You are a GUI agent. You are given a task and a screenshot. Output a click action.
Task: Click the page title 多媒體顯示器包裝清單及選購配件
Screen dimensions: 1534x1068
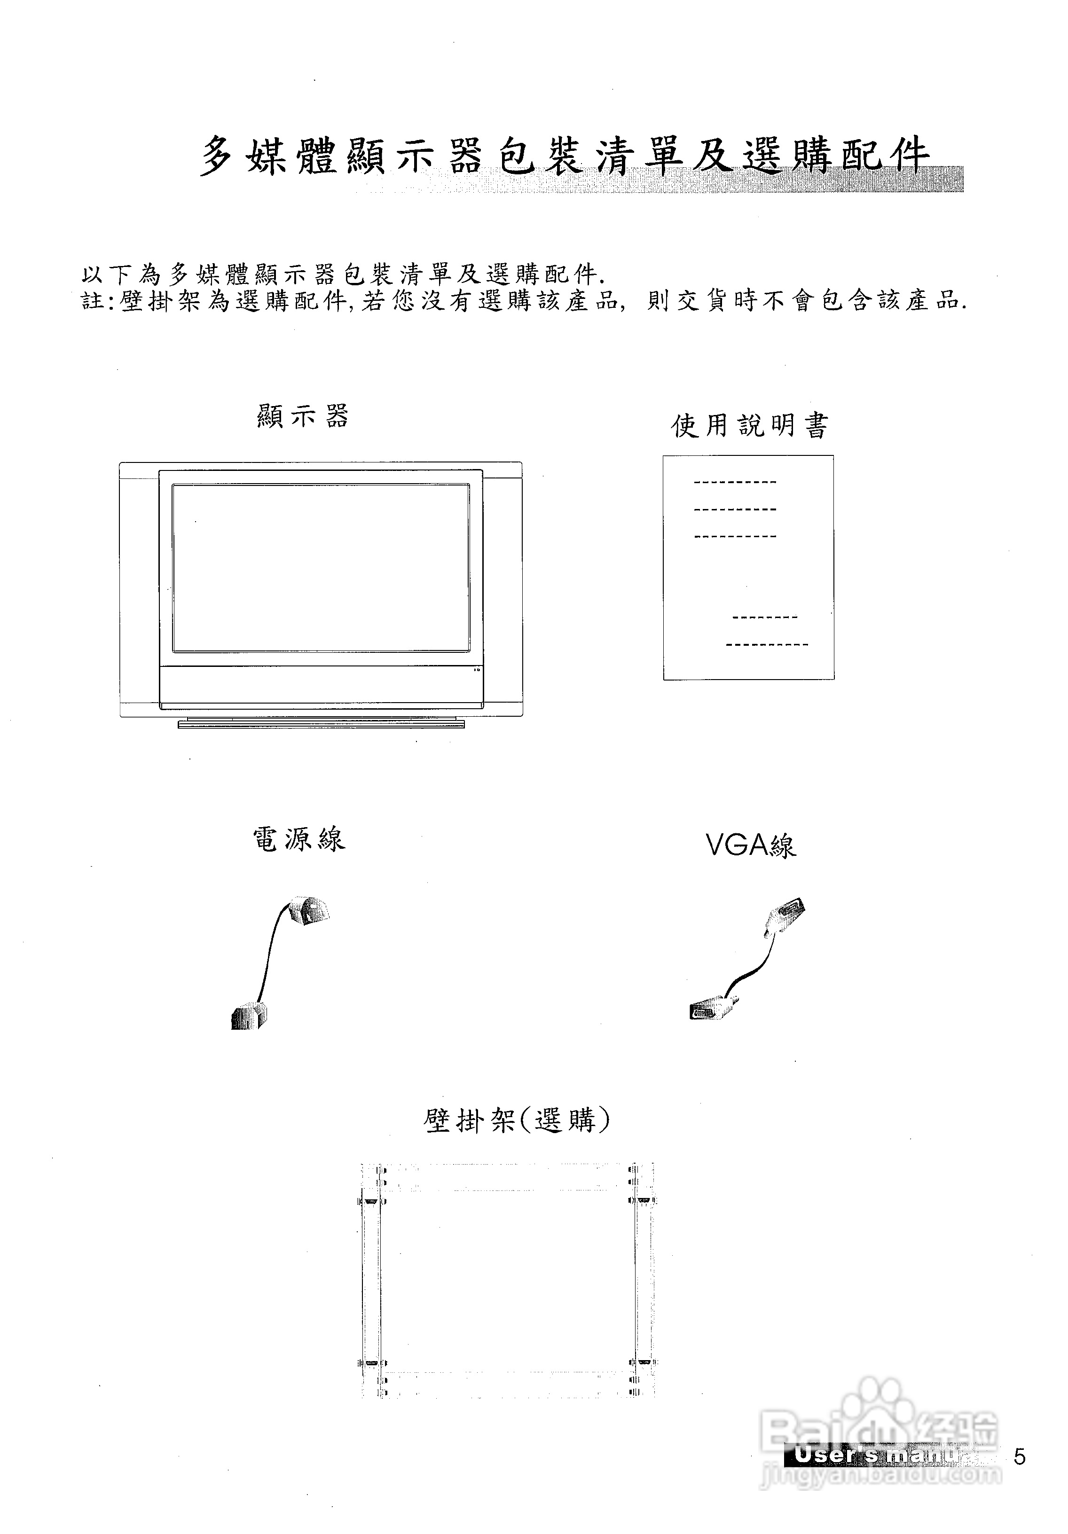565,155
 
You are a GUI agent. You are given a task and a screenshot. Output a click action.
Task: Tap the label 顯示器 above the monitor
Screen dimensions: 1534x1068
303,415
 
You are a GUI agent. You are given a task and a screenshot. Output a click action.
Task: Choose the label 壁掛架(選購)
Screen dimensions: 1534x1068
517,1120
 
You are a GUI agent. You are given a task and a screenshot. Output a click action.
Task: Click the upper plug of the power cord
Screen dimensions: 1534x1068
309,912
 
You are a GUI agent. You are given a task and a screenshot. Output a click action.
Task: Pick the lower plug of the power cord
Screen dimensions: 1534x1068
249,1017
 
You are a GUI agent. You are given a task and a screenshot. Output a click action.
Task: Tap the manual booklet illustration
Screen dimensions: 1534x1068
748,568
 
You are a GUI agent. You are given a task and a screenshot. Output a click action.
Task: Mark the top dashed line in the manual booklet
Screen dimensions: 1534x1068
735,482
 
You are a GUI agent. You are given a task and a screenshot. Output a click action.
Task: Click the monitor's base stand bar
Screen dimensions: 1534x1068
321,723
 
